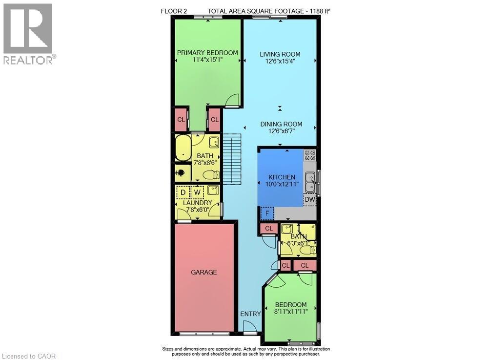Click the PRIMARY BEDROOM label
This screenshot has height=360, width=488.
pyautogui.click(x=207, y=53)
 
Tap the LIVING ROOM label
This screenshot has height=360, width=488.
pyautogui.click(x=280, y=54)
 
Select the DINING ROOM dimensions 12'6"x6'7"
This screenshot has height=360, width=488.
pyautogui.click(x=282, y=131)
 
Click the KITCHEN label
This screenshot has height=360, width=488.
pyautogui.click(x=282, y=177)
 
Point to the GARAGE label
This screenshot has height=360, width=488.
pyautogui.click(x=204, y=272)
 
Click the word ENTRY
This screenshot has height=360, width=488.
pyautogui.click(x=250, y=314)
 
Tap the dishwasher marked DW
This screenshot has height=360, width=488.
pyautogui.click(x=310, y=199)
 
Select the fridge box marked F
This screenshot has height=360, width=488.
pyautogui.click(x=267, y=213)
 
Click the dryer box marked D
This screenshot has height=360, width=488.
pyautogui.click(x=183, y=192)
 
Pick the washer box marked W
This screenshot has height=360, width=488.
pyautogui.click(x=197, y=192)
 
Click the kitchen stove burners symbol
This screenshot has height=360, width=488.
pyautogui.click(x=310, y=155)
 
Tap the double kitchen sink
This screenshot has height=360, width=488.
pyautogui.click(x=310, y=182)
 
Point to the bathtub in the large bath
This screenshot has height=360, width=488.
pyautogui.click(x=183, y=148)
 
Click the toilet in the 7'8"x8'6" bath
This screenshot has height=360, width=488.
pyautogui.click(x=211, y=175)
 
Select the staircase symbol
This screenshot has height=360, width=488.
pyautogui.click(x=232, y=159)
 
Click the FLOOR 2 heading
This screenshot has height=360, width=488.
pyautogui.click(x=174, y=11)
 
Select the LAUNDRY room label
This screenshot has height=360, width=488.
pyautogui.click(x=197, y=203)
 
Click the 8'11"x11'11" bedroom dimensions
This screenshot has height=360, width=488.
pyautogui.click(x=291, y=312)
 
